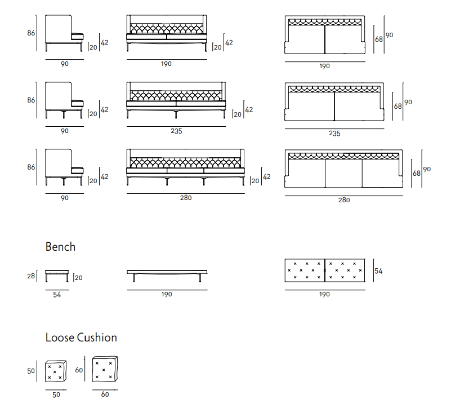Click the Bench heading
(60, 247)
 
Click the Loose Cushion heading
(81, 337)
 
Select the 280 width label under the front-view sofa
(186, 198)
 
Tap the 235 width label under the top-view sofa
(334, 134)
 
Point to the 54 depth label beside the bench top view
(378, 271)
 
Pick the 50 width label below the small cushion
(56, 395)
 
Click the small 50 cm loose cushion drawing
(56, 371)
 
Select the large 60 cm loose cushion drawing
(105, 370)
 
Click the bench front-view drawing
(167, 275)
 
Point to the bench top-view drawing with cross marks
(325, 270)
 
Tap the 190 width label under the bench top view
(325, 294)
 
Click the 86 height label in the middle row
(31, 100)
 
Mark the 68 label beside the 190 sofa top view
(379, 39)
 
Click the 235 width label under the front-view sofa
(176, 131)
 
